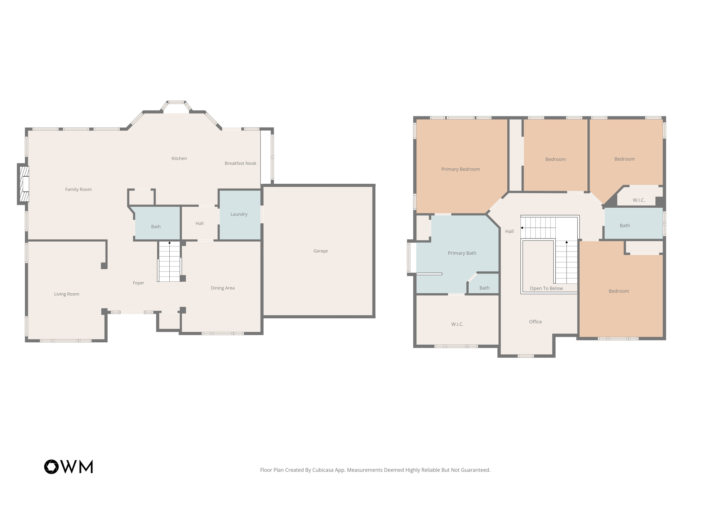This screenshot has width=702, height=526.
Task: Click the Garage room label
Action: pos(320,251)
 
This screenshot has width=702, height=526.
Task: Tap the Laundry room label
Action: pos(239,214)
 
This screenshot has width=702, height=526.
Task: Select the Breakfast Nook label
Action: pos(240,163)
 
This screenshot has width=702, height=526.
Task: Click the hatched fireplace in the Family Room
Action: pos(24,184)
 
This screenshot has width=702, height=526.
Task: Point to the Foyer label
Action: pos(138,283)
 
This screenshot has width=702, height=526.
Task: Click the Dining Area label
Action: pos(222,288)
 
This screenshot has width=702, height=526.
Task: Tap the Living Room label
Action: pos(66,294)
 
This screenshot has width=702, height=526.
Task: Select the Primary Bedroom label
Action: pos(460,169)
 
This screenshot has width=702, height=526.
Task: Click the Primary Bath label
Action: pos(462,253)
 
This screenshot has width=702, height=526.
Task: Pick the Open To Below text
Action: pos(546,288)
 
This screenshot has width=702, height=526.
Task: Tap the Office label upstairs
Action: pos(535,321)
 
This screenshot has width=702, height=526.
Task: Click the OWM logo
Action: pos(69,467)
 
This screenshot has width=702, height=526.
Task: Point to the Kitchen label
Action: pos(179,158)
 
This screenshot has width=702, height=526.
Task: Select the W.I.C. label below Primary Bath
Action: pos(457,324)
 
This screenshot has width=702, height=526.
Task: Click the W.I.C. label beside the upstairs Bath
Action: pos(639,200)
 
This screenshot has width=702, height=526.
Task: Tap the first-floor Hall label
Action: pos(199,223)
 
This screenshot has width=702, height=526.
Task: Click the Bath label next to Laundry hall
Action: pos(156,227)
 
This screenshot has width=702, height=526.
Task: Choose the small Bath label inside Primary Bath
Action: pos(484,288)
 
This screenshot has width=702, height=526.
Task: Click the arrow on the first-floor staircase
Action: pos(169,243)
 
